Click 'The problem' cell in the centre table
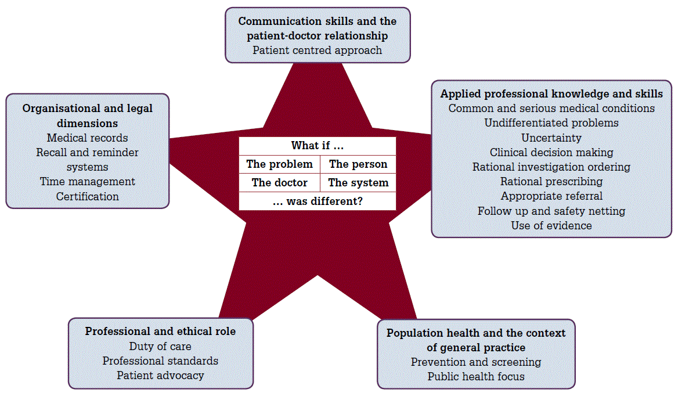[279, 164]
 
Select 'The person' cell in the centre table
[358, 164]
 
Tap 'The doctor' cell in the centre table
[279, 183]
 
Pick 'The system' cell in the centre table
[358, 183]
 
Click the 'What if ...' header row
[318, 146]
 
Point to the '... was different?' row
[318, 201]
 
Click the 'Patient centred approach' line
[318, 51]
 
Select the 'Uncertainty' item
[551, 138]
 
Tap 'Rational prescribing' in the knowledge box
[551, 182]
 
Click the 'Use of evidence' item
[551, 226]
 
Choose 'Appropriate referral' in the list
[551, 196]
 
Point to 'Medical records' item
[87, 138]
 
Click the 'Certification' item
[87, 197]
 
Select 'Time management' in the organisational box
[87, 182]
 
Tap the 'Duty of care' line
[160, 347]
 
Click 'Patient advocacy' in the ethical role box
[160, 376]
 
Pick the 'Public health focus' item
[476, 377]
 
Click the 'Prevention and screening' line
[476, 362]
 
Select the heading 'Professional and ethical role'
[160, 332]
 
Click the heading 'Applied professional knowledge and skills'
[551, 93]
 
